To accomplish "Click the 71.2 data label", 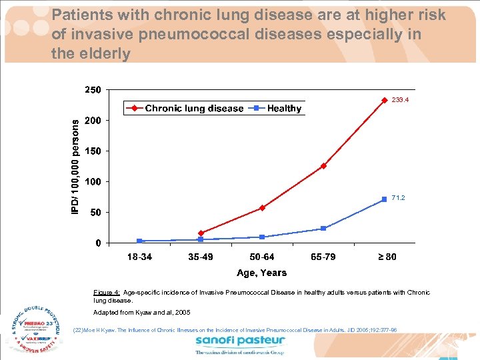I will pos(399,198).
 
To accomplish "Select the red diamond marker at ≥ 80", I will pos(384,100).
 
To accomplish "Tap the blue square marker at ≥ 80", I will pos(384,199).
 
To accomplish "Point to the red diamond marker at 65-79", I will pos(323,166).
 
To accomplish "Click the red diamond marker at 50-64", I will pos(262,208).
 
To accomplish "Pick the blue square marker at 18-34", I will pos(139,241).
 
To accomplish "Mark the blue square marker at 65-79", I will pos(323,229).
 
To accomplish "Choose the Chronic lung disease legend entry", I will pos(187,109).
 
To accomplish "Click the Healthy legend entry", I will pos(277,109).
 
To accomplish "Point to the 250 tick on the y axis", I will pos(93,90).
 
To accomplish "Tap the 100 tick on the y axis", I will pos(93,182).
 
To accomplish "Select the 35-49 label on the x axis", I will pos(201,257).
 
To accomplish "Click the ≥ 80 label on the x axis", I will pos(384,257).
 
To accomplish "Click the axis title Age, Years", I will pos(261,273).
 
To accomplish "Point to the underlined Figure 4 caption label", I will pos(107,293).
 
